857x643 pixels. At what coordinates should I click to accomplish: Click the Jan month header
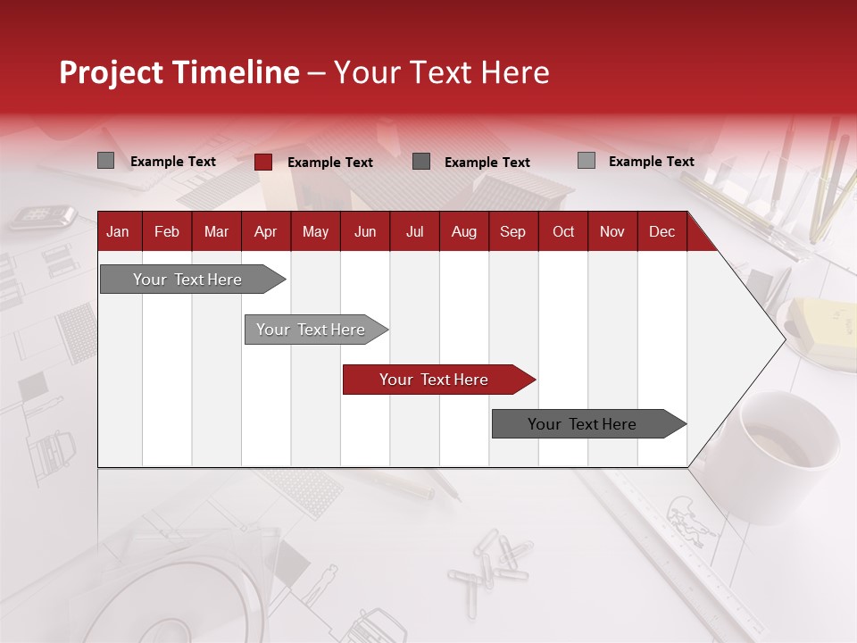pyautogui.click(x=118, y=231)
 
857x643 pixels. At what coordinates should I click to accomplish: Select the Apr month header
pyautogui.click(x=265, y=231)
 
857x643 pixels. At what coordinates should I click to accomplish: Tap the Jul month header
pyautogui.click(x=414, y=231)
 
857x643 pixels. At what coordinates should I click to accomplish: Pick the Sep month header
pyautogui.click(x=512, y=231)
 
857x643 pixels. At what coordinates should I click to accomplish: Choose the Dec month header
pyautogui.click(x=661, y=231)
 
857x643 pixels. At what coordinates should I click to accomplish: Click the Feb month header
pyautogui.click(x=167, y=231)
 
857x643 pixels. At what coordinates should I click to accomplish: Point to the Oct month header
pyautogui.click(x=563, y=231)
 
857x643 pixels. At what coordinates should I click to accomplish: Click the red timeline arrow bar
pyautogui.click(x=437, y=380)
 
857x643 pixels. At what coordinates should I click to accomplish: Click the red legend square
pyautogui.click(x=263, y=162)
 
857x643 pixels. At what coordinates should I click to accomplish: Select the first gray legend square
pyautogui.click(x=106, y=161)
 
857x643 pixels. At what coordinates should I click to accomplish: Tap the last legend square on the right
pyautogui.click(x=587, y=161)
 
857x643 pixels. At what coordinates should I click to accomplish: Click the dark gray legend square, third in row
pyautogui.click(x=421, y=162)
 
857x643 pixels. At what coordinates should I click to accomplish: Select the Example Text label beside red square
pyautogui.click(x=330, y=163)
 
